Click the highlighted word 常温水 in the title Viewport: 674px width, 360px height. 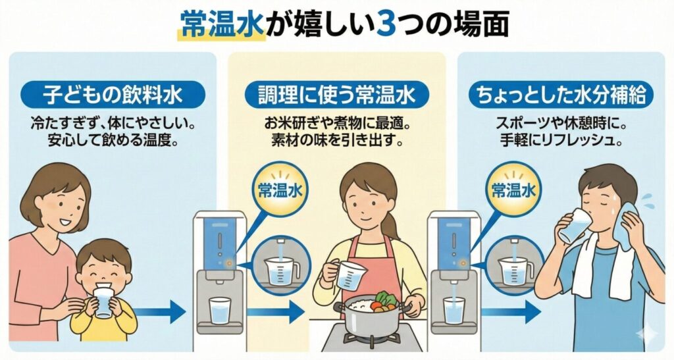(x=222, y=25)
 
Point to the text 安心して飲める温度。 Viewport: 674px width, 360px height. (x=113, y=140)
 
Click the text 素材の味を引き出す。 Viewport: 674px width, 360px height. (x=337, y=140)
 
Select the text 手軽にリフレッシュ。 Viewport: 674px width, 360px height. (x=561, y=140)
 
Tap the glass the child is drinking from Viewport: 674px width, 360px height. (x=103, y=302)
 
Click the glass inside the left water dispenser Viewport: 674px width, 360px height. (x=220, y=310)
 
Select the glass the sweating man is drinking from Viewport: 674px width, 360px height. (x=575, y=226)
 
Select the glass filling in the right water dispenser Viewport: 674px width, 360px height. (x=454, y=310)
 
